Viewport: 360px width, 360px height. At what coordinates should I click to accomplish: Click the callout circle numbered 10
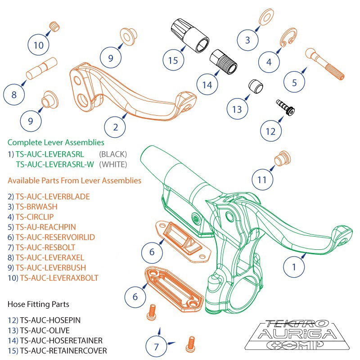tap(39, 45)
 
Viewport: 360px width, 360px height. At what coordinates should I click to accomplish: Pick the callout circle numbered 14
tap(207, 84)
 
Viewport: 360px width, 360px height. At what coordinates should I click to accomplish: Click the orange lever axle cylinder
tap(41, 69)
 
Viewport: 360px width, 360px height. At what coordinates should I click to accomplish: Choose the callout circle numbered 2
tap(116, 127)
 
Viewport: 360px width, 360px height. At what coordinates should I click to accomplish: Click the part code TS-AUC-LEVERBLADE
tap(53, 196)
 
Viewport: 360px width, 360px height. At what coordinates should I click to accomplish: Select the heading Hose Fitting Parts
tap(38, 304)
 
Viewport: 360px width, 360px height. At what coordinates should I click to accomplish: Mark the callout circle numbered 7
tap(157, 346)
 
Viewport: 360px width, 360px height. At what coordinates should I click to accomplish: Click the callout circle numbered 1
tap(295, 266)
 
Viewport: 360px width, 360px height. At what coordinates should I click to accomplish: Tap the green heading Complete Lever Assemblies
tap(56, 142)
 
